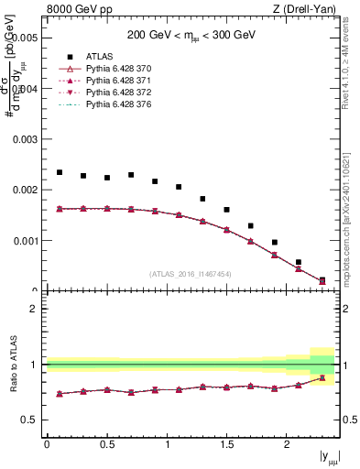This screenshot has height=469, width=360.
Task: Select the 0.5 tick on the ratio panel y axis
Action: pos(30,420)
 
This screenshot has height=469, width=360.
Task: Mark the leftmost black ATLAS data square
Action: pos(60,172)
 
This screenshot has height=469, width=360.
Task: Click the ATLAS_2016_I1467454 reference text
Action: pos(191,274)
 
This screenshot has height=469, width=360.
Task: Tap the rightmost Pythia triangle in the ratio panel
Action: pos(322,377)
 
